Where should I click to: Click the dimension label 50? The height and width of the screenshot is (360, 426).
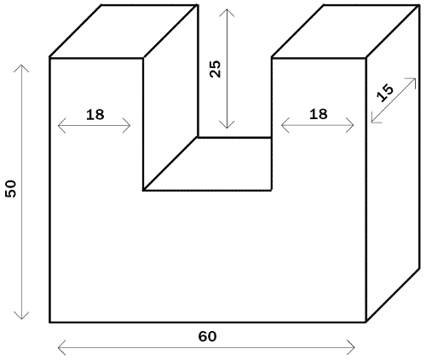point(11,189)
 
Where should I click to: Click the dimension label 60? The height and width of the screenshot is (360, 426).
point(207,336)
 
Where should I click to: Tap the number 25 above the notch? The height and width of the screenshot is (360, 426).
point(215,69)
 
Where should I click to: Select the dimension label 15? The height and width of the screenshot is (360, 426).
point(385,94)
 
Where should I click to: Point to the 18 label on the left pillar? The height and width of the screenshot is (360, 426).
point(95,115)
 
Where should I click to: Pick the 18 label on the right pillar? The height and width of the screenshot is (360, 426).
point(319,114)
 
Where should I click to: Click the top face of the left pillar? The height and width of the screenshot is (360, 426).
point(124,31)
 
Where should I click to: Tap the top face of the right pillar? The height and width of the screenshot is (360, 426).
point(346,31)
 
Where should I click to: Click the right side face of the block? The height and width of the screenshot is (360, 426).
point(393,163)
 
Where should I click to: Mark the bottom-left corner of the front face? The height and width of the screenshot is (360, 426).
point(50,323)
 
